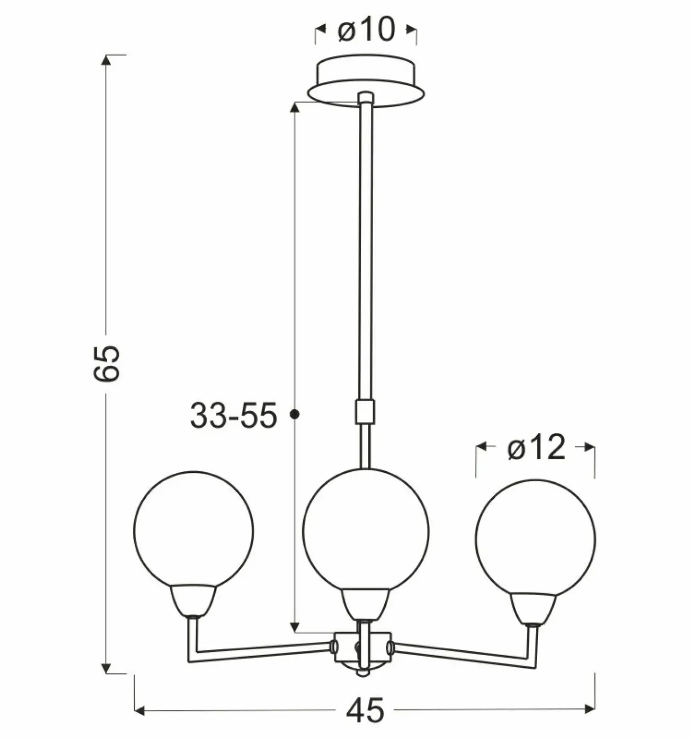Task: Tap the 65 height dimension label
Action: [x=107, y=363]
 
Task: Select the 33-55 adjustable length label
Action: [x=234, y=415]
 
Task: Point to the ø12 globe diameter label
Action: [x=536, y=447]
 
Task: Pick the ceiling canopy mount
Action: [x=366, y=81]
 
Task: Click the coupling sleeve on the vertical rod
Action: [x=365, y=412]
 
